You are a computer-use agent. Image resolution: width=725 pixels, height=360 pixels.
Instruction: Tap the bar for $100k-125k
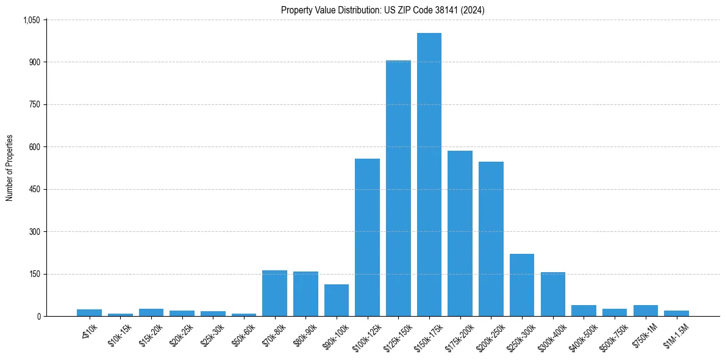[367, 237]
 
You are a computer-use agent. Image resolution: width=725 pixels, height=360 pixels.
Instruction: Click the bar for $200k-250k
[491, 239]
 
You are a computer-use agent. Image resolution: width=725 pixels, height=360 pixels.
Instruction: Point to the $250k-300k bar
[522, 285]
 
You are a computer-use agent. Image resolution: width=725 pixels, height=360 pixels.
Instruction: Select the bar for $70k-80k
[274, 293]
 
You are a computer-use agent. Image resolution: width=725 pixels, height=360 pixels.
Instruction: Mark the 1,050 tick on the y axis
[31, 20]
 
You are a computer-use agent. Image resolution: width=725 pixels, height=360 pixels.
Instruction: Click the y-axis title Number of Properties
[9, 168]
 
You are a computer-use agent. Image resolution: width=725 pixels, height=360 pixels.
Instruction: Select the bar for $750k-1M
[645, 311]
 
